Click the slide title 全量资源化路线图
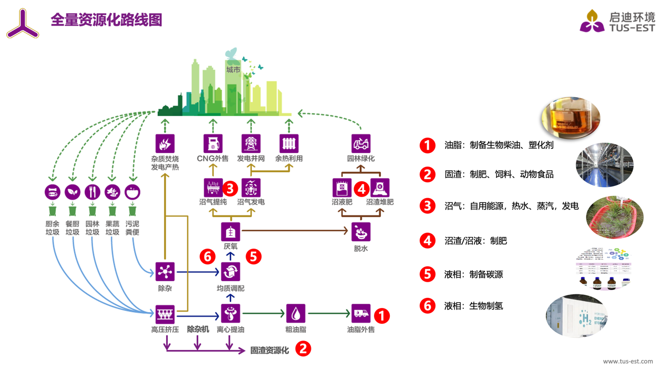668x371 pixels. [x=106, y=20]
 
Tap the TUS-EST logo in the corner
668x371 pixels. [x=618, y=22]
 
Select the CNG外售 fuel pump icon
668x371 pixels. [x=212, y=143]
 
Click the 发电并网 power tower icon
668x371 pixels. [x=251, y=143]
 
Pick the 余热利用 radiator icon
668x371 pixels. [x=289, y=143]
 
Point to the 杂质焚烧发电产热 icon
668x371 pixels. [x=165, y=143]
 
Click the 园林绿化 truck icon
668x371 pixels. [x=361, y=143]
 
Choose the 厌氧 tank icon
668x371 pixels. [x=230, y=232]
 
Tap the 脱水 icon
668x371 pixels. [x=361, y=232]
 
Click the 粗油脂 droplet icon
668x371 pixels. [x=296, y=314]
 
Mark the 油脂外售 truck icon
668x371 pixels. [x=361, y=314]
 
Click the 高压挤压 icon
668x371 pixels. [x=165, y=314]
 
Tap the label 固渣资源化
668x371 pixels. [x=269, y=351]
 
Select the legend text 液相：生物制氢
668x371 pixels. [x=473, y=306]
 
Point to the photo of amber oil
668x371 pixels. [x=570, y=117]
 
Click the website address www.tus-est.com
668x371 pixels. [x=627, y=361]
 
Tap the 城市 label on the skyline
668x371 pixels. [x=233, y=70]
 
